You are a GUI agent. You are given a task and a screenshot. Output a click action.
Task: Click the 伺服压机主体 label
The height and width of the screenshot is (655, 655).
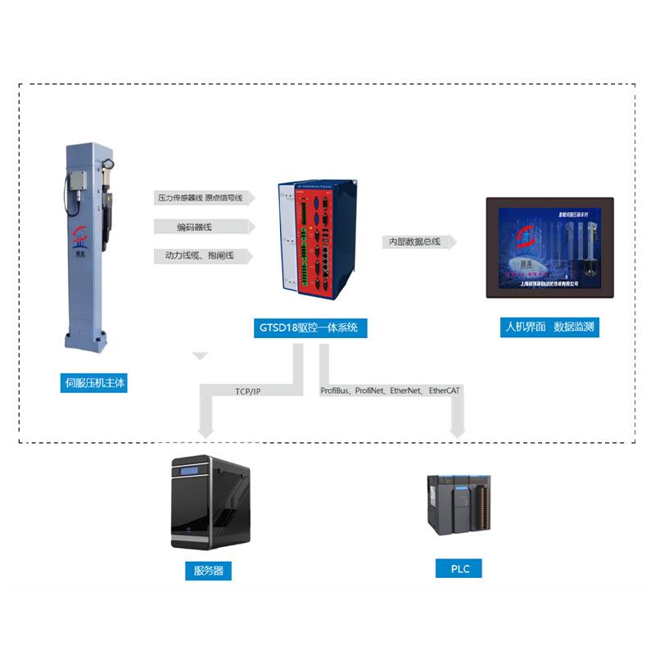pyautogui.click(x=96, y=382)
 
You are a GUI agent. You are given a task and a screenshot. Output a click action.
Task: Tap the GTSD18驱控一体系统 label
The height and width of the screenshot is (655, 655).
pyautogui.click(x=309, y=328)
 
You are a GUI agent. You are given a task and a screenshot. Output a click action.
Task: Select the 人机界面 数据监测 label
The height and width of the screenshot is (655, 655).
pyautogui.click(x=549, y=327)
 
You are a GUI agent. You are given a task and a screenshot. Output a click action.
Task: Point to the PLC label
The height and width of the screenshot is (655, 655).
pyautogui.click(x=460, y=568)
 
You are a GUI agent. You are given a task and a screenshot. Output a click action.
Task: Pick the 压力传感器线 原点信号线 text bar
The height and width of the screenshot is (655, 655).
pyautogui.click(x=204, y=197)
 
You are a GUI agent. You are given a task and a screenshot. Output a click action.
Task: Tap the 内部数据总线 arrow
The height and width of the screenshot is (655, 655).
pyautogui.click(x=418, y=242)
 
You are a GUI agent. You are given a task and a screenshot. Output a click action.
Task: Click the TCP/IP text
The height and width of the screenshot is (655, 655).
pyautogui.click(x=247, y=392)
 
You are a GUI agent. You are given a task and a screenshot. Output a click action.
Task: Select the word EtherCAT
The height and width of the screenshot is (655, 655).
pyautogui.click(x=445, y=391)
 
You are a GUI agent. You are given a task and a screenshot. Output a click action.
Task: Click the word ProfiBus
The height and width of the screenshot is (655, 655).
pyautogui.click(x=335, y=391)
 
